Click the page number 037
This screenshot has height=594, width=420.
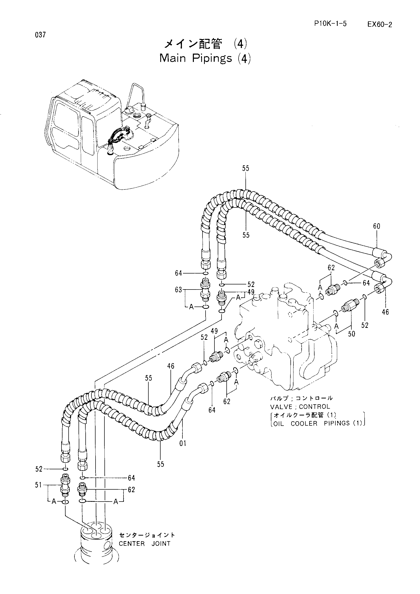point(40,35)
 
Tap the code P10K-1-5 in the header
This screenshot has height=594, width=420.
point(331,24)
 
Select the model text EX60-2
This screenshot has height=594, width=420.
point(379,25)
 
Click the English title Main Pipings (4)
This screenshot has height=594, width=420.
point(205,58)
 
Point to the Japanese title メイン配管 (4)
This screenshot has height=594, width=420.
point(206,44)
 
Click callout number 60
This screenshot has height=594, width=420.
point(377,226)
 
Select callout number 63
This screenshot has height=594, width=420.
point(178,290)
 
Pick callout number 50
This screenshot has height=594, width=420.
point(351,334)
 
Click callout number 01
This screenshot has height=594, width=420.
point(183,444)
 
